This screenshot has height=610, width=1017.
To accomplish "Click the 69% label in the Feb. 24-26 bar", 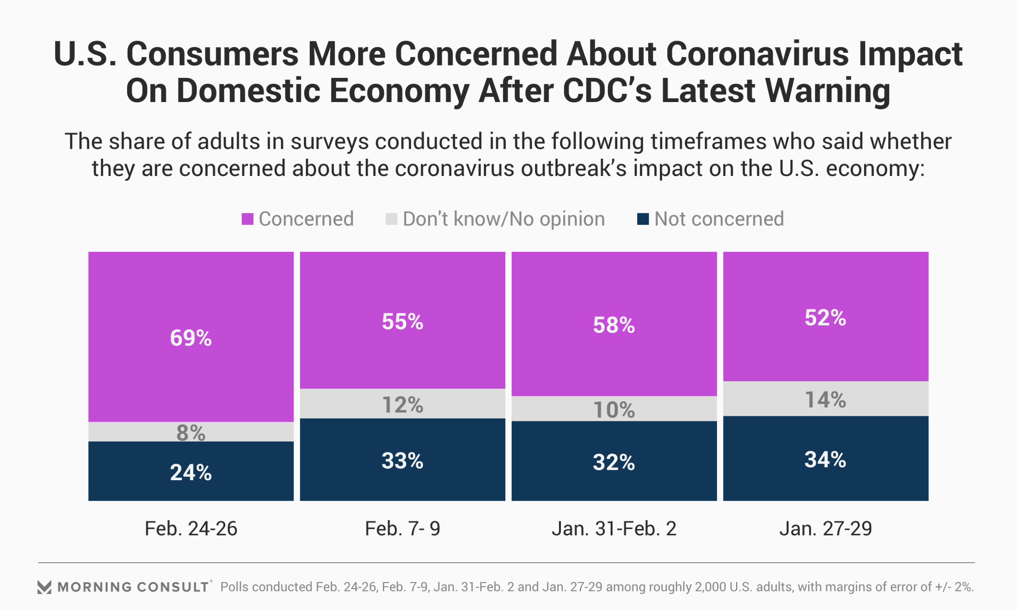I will (191, 338).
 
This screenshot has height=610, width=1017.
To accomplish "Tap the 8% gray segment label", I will (191, 433).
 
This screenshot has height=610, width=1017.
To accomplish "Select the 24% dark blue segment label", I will (191, 473).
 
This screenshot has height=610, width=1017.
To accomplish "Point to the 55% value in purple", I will (402, 322).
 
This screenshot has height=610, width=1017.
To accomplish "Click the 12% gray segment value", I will (402, 405).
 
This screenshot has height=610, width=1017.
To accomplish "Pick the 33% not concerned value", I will (402, 461).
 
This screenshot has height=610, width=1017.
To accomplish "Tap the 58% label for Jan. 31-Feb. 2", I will (614, 325).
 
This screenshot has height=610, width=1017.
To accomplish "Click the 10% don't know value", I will (614, 410).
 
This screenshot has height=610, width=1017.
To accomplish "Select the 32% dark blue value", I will (614, 462).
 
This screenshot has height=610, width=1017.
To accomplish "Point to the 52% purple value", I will (826, 318).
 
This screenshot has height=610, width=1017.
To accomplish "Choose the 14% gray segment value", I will (826, 400).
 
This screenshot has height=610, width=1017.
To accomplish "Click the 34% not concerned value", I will (826, 460).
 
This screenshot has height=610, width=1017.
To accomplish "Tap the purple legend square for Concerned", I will (247, 219).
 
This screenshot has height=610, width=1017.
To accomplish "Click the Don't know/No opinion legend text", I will (504, 219).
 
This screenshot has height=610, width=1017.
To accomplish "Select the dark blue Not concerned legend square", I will (642, 219).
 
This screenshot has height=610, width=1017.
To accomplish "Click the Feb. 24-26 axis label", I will (191, 529).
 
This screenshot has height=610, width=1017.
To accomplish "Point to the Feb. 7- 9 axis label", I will (402, 529).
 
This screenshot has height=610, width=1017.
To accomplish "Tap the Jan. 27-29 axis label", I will (826, 529).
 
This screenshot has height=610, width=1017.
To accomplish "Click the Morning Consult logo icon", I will (44, 587).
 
